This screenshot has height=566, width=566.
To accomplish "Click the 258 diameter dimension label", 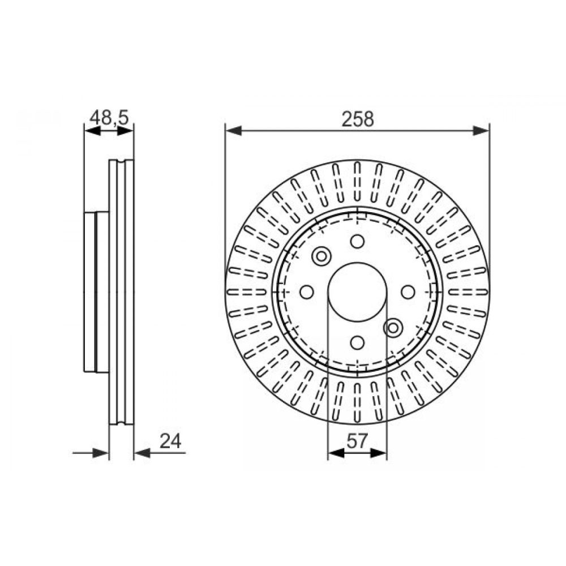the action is coord(358,119).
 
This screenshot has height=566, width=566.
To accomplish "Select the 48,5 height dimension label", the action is coord(109,118).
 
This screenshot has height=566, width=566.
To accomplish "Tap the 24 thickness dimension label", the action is coord(170,441).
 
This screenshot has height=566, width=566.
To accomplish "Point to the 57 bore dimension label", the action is coord(357,441).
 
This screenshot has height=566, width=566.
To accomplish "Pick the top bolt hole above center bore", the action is coord(357,241).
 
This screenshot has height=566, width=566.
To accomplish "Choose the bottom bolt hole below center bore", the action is coord(357,342).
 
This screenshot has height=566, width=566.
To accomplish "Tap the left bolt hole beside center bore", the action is coord(307,291).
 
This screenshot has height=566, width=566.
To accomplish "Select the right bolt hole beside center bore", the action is coord(408,291).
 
